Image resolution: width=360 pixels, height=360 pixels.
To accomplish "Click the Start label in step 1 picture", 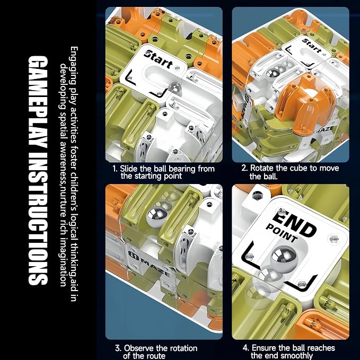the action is click(159, 59).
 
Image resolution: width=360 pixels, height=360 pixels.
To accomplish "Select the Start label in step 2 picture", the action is click(312, 46).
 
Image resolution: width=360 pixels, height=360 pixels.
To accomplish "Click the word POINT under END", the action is click(282, 233).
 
